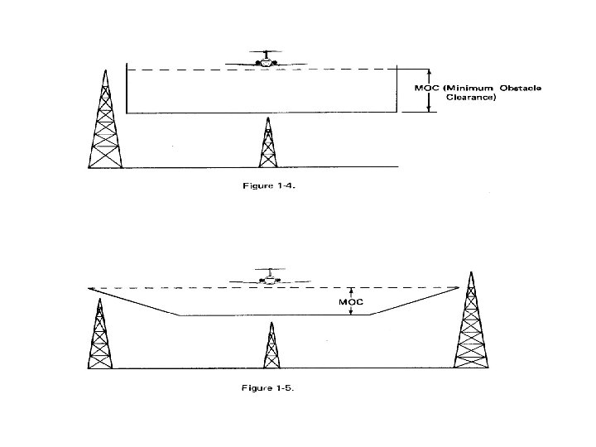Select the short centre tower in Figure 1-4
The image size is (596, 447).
click(x=267, y=144)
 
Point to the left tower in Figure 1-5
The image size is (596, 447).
click(x=100, y=335)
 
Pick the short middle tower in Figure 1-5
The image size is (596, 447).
click(x=270, y=346)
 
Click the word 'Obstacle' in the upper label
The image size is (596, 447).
click(x=519, y=88)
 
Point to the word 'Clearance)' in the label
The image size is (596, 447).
click(x=471, y=98)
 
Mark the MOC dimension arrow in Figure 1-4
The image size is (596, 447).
click(x=428, y=89)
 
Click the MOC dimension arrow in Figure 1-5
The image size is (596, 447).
click(x=352, y=301)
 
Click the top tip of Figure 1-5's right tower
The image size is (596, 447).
click(x=471, y=271)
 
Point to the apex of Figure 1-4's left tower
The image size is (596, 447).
click(x=105, y=71)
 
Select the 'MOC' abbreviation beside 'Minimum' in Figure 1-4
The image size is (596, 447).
click(x=425, y=88)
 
